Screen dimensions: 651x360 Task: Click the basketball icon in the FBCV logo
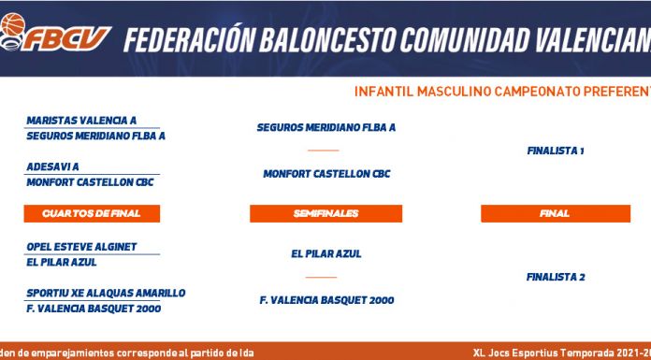pos(13,24)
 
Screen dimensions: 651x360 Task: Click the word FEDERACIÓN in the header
pos(189,40)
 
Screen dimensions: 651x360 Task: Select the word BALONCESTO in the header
pos(327,40)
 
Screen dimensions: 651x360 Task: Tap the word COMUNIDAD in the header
pos(465,40)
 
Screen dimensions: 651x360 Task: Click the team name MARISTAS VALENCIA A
pos(81,121)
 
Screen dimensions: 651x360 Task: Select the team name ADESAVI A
pos(52,167)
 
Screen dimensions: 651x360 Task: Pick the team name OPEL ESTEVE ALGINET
pos(81,247)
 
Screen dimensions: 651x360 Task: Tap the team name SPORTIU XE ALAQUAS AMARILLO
pos(106,294)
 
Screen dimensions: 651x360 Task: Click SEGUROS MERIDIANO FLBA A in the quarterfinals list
pos(96,136)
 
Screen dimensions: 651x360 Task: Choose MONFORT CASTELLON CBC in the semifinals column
pos(326,174)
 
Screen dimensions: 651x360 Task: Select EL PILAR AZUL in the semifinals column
pos(326,253)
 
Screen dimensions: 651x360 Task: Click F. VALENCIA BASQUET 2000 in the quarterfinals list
pos(94,309)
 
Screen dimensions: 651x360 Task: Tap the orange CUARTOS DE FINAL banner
pos(92,213)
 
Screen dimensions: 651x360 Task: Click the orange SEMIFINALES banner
pos(325,213)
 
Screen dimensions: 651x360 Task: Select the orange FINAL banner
pos(556,213)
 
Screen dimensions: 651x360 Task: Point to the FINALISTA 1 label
pos(556,151)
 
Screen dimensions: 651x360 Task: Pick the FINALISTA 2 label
pos(556,277)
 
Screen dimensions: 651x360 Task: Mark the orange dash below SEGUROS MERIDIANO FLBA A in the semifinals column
pos(324,151)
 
